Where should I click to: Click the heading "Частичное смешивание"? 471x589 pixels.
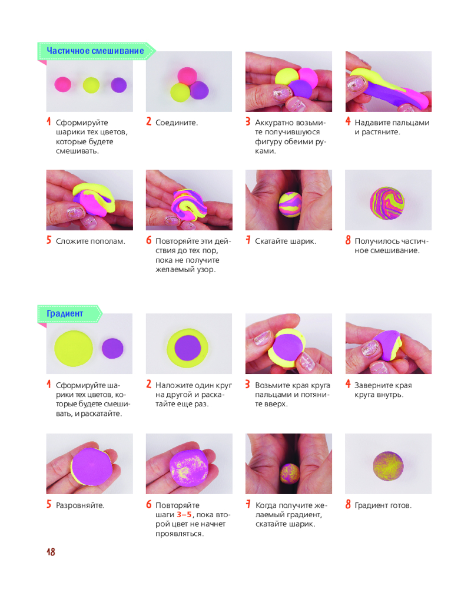95,51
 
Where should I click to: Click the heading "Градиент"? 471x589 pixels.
65,313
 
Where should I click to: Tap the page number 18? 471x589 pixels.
51,552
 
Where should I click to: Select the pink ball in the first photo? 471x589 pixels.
63,84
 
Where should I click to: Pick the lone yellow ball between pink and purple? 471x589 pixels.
91,85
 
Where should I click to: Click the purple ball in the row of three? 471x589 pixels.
119,85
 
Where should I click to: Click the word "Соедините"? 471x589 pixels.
175,123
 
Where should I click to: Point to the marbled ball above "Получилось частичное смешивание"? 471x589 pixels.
387,203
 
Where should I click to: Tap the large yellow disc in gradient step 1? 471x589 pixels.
74,348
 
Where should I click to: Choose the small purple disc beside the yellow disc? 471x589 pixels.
112,348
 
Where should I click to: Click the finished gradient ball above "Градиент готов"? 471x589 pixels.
388,466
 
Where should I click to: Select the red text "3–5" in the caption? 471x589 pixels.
184,515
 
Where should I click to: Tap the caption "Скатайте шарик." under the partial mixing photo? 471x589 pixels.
286,241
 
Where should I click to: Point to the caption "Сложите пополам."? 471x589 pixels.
91,241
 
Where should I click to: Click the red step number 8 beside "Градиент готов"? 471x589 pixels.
348,504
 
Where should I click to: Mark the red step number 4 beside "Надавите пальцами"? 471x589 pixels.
348,121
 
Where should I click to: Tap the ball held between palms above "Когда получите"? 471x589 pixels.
290,474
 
